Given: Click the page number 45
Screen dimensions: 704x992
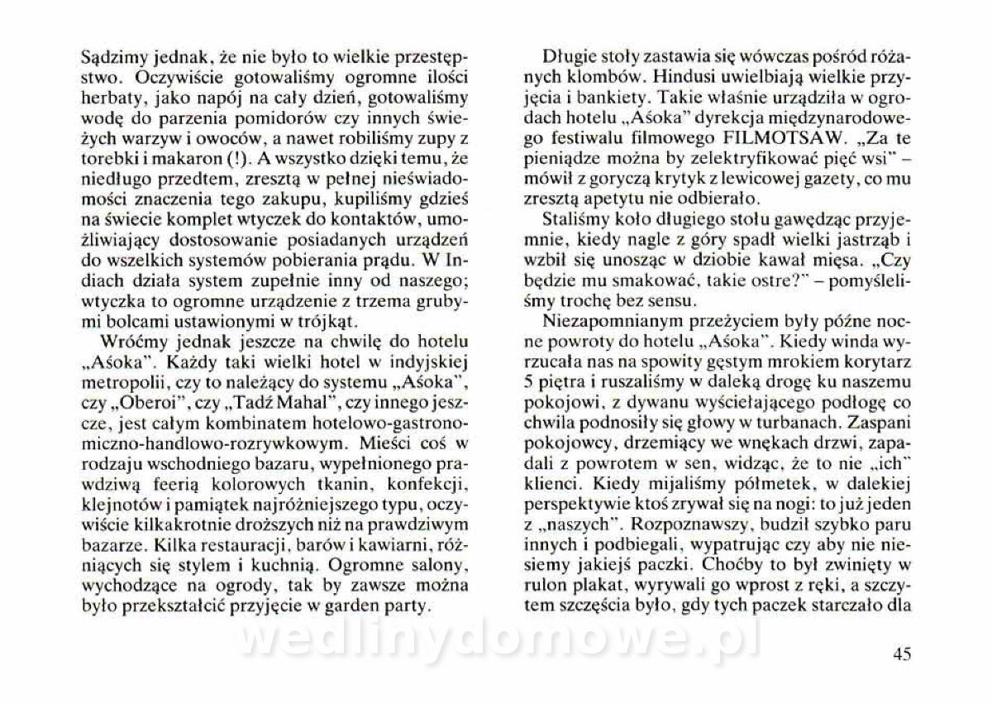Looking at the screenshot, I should (901, 654).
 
